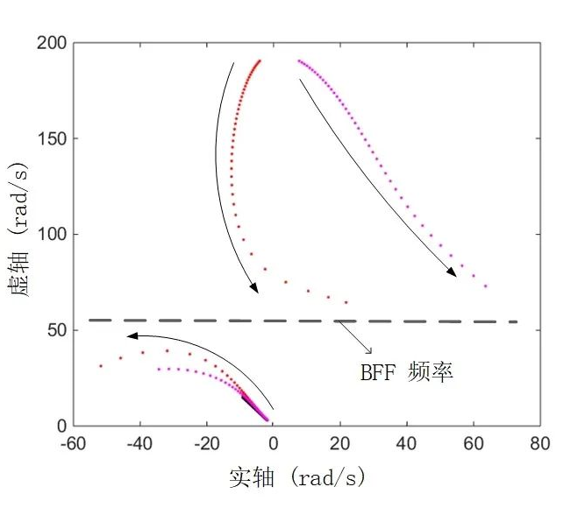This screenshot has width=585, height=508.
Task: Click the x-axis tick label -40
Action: (139, 444)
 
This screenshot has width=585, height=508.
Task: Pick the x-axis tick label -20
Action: (205, 444)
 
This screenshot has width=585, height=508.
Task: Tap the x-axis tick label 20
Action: (340, 444)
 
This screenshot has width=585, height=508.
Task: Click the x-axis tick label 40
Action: (407, 444)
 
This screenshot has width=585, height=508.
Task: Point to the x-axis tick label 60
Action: (474, 444)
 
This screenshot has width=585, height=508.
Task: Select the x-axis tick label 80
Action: (540, 444)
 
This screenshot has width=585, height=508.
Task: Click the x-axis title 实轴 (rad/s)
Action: (296, 477)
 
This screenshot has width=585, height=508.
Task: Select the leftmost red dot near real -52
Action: (101, 365)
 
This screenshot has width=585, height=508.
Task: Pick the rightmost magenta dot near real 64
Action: (485, 286)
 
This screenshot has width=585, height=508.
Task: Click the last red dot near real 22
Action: (346, 302)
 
